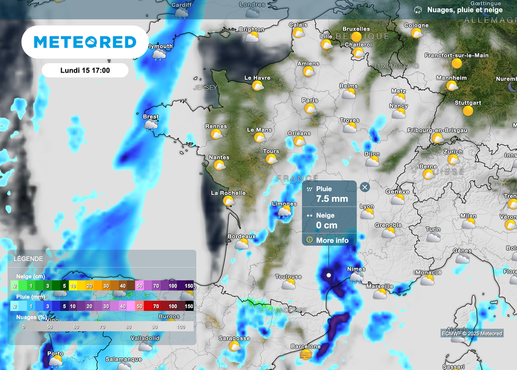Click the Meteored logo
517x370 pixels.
85,42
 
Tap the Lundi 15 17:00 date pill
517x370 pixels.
85,70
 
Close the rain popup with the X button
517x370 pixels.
365,187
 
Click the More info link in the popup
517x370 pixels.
332,240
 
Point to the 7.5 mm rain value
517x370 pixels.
332,198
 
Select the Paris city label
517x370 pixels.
310,100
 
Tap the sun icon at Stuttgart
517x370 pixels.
468,111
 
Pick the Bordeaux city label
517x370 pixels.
241,236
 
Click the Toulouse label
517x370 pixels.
288,277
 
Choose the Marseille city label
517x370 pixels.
380,286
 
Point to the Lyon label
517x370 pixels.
367,206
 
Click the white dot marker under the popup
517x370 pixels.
329,275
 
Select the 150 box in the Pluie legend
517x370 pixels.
189,306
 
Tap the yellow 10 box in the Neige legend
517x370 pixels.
73,286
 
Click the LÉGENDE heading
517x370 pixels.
28,258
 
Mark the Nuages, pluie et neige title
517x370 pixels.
464,10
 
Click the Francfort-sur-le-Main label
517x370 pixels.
456,55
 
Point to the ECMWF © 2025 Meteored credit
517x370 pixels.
472,334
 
